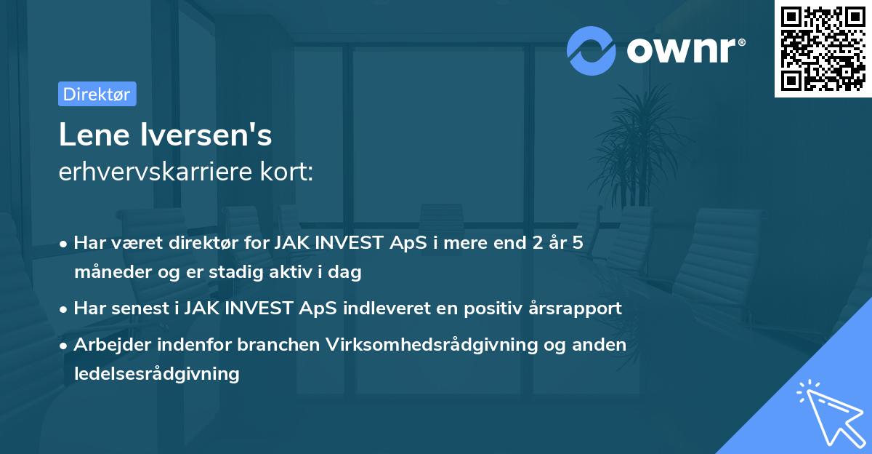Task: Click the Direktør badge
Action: coord(97,94)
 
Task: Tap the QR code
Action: coord(821,48)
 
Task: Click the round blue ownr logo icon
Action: coord(592,50)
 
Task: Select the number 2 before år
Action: coord(535,243)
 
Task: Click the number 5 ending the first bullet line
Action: coord(578,243)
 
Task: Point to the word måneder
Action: coord(108,272)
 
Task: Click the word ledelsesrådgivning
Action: coord(156,373)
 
